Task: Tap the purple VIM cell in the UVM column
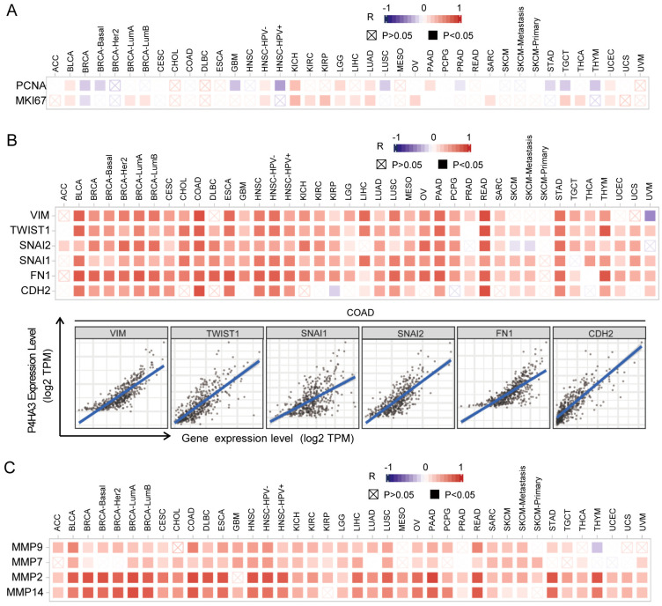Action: [x=650, y=216]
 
